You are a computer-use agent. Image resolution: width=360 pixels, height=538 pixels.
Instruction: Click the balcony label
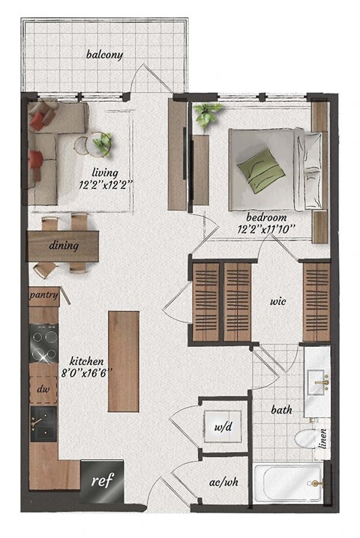(104, 55)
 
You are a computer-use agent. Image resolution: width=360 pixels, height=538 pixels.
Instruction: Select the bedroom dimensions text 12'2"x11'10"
(267, 228)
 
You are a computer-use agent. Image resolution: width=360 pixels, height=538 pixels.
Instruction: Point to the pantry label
(44, 294)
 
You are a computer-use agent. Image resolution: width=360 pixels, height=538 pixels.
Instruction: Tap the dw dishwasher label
(43, 390)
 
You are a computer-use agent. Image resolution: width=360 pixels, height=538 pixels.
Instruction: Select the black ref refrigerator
(98, 480)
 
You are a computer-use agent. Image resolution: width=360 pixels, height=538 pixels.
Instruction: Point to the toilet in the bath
(305, 441)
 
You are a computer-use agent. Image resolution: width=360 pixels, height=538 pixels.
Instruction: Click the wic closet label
(280, 303)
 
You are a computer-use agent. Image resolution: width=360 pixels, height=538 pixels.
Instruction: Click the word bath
(280, 411)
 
